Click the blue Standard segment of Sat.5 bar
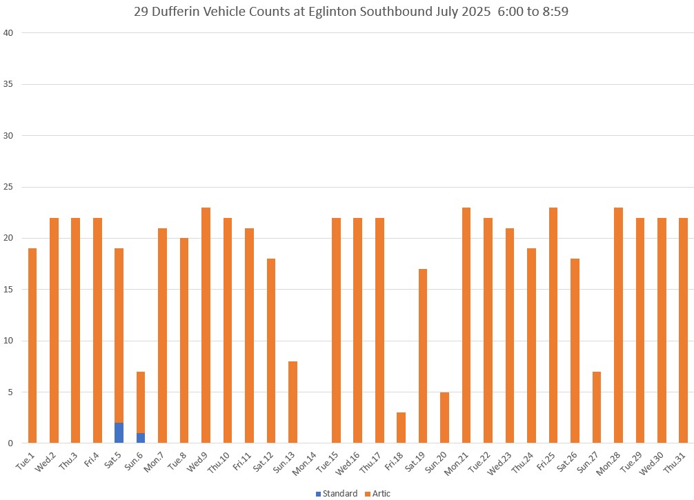click(x=119, y=432)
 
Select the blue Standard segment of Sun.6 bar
click(x=141, y=438)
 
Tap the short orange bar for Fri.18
click(x=401, y=428)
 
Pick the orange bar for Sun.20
click(x=445, y=417)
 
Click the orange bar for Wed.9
click(x=206, y=324)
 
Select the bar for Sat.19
click(x=423, y=355)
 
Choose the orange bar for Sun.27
click(x=597, y=407)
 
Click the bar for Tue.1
click(x=32, y=345)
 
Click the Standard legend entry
click(x=337, y=493)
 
